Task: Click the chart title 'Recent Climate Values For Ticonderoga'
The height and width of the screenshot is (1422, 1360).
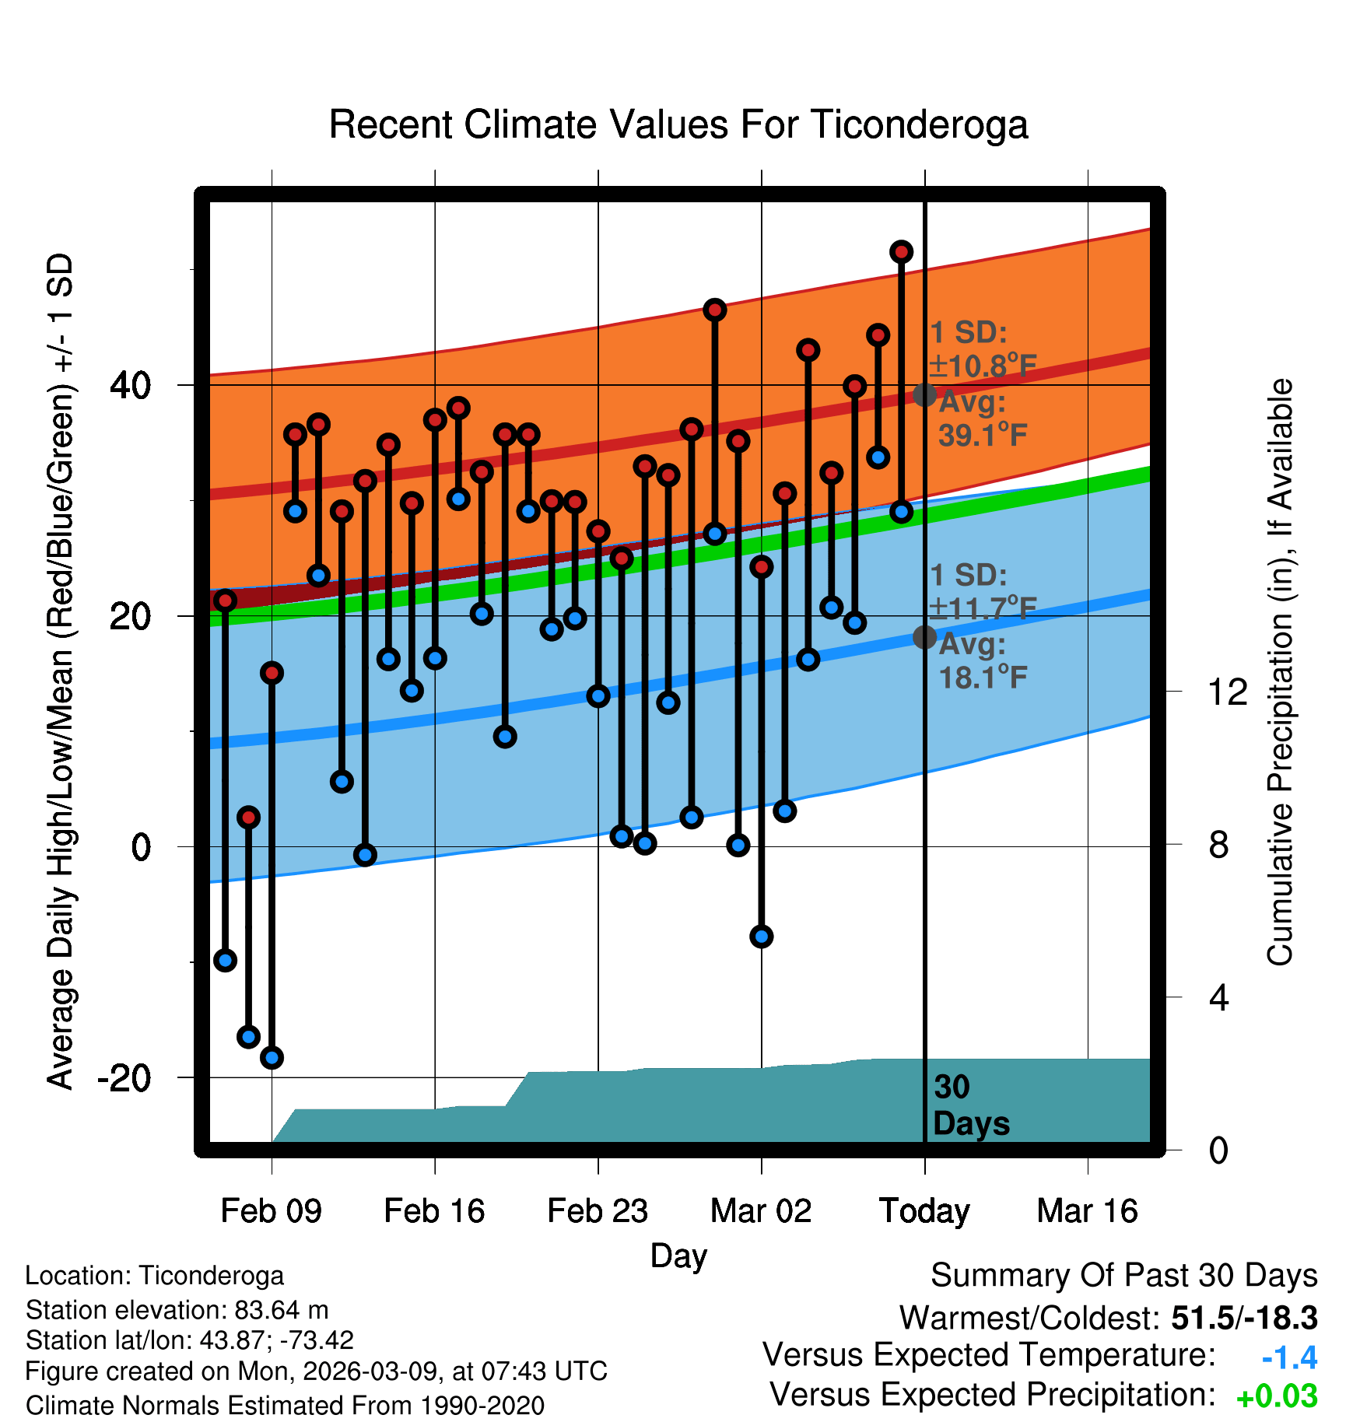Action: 678,124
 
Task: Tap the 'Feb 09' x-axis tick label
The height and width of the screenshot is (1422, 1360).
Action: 271,1211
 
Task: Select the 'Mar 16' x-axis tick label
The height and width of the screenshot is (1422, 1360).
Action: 1087,1211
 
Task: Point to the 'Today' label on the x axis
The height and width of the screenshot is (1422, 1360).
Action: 924,1211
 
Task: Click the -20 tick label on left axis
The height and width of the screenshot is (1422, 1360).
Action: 124,1077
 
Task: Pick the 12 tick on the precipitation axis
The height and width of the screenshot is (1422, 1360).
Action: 1228,692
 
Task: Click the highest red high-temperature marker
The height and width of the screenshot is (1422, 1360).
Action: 901,252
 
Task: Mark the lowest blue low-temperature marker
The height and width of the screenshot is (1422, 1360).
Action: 272,1057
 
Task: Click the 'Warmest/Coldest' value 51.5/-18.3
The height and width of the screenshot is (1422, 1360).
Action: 1244,1318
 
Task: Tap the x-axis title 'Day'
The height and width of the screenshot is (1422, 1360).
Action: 678,1256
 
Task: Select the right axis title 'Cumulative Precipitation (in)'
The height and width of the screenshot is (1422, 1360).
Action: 1279,672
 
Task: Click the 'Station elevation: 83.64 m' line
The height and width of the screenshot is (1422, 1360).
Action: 177,1310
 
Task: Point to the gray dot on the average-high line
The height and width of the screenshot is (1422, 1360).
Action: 924,395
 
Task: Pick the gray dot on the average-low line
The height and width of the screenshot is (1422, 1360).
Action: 924,637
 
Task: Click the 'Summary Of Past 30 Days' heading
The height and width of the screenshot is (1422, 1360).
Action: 1123,1276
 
